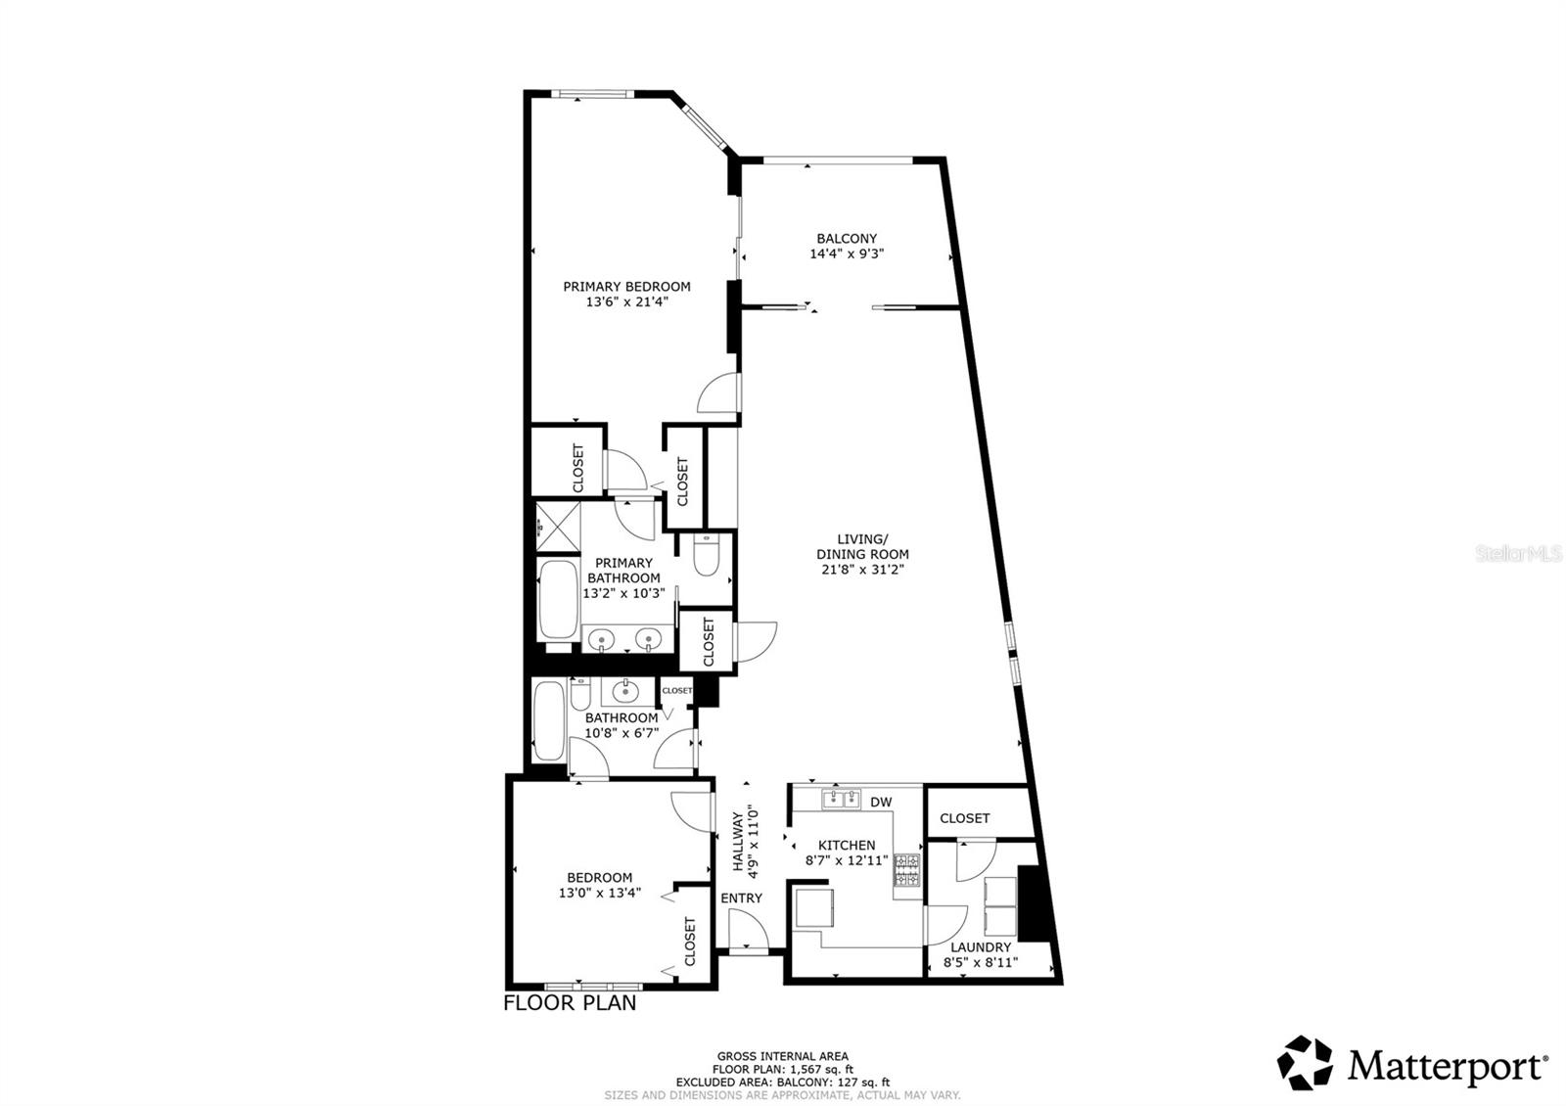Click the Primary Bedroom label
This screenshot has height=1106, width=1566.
[626, 287]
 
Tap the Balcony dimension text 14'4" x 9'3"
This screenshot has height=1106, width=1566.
[847, 253]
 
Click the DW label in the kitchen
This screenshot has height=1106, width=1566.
[881, 803]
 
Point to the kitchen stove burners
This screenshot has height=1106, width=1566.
[907, 870]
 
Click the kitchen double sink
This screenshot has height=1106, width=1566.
[840, 801]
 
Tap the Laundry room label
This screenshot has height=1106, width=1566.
[981, 947]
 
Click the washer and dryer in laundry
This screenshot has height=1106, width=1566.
[999, 905]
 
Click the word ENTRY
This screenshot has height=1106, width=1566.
[741, 899]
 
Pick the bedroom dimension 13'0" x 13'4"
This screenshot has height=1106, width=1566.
[600, 893]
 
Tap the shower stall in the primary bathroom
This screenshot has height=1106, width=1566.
[557, 527]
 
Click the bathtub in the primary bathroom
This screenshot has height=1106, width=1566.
[557, 598]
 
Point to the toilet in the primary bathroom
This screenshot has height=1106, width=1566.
[706, 554]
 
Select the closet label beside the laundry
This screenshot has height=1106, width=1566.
[964, 818]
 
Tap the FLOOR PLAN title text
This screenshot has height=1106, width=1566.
[570, 1003]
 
